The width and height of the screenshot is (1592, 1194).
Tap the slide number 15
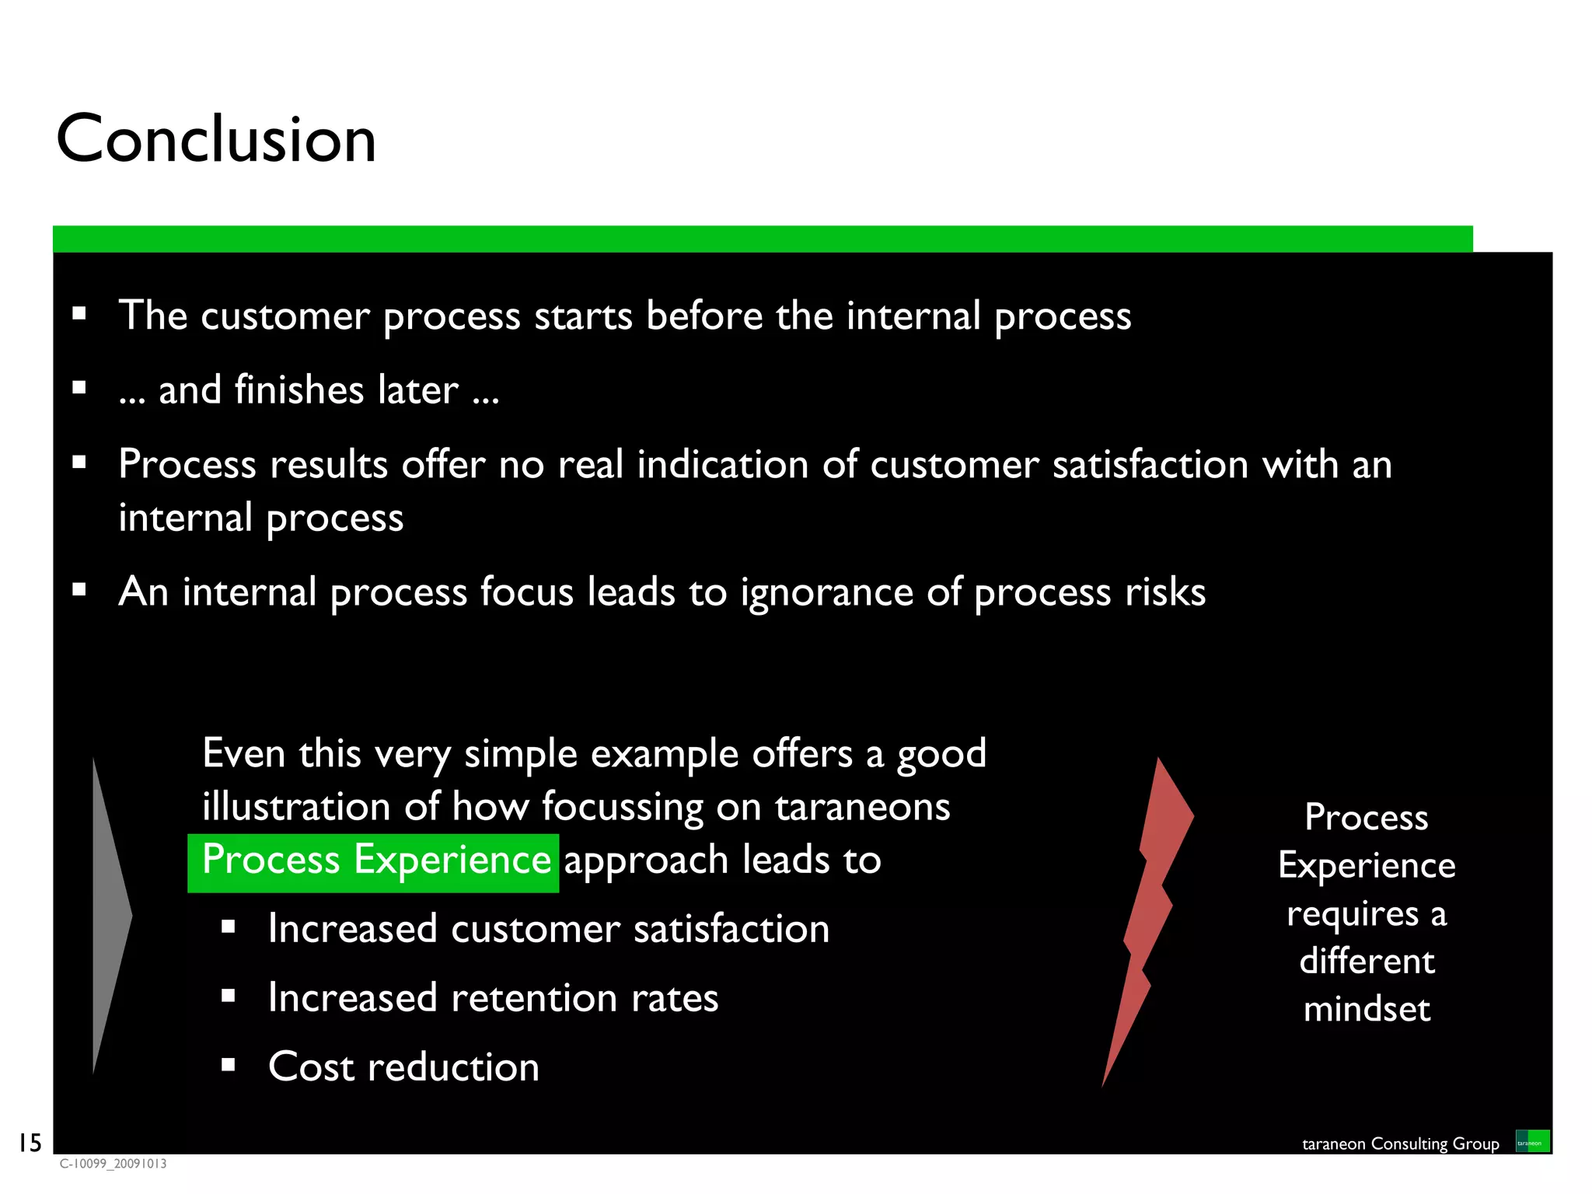click(30, 1143)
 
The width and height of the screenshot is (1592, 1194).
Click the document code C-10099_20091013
click(113, 1164)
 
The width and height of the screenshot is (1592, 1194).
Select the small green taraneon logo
click(1532, 1141)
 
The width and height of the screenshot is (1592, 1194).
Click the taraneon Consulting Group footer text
click(1400, 1143)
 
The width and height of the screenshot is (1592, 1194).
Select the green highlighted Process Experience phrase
click(374, 861)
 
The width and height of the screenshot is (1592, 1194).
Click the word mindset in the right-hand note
click(1367, 1009)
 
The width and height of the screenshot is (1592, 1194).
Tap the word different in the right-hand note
click(1367, 962)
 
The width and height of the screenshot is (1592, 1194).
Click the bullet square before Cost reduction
click(228, 1065)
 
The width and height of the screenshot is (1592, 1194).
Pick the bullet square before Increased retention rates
click(228, 996)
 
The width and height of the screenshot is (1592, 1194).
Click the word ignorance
click(826, 593)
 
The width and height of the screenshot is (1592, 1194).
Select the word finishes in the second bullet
click(299, 389)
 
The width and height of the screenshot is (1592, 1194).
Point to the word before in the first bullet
click(704, 316)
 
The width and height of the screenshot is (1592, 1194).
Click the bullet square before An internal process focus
click(79, 590)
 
